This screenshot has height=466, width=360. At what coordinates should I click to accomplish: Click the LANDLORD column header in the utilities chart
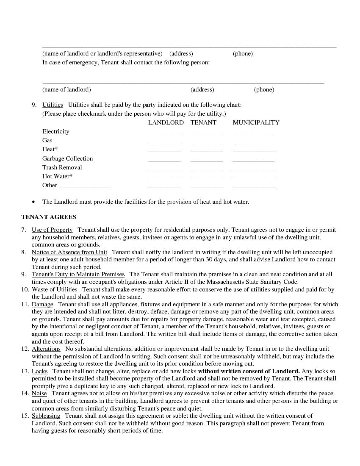(166, 122)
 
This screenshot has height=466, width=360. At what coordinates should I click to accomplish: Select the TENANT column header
(203, 122)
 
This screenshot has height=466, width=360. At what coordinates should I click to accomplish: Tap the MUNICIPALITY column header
(256, 122)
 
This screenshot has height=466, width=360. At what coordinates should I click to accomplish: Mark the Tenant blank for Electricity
(206, 132)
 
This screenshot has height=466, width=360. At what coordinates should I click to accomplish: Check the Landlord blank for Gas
(164, 141)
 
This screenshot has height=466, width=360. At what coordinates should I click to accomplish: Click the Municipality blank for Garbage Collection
(253, 159)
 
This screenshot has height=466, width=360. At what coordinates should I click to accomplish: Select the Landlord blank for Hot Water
(164, 177)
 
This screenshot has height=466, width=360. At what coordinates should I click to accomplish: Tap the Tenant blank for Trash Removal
(206, 168)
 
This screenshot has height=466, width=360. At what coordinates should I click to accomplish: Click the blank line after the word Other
(84, 186)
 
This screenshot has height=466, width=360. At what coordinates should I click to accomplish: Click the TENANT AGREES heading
(49, 217)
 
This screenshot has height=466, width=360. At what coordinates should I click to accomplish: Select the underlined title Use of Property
(52, 230)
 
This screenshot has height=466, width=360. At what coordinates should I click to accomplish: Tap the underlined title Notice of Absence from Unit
(69, 252)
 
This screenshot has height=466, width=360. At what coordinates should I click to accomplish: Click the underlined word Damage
(42, 304)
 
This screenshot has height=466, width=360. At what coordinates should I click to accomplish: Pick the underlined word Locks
(39, 371)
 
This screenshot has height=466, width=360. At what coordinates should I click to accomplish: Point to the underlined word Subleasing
(46, 416)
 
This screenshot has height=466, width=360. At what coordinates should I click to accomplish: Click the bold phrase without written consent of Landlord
(249, 371)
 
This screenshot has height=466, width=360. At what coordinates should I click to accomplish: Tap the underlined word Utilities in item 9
(53, 105)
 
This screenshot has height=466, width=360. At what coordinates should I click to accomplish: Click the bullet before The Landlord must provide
(33, 202)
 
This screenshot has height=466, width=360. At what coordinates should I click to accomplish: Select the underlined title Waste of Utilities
(54, 289)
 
